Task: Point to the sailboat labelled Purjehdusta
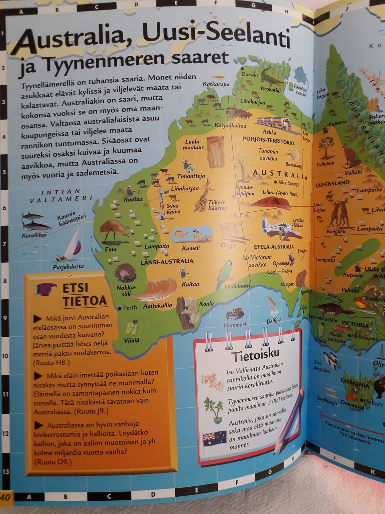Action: click(x=71, y=245)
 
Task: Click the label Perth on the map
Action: click(x=130, y=308)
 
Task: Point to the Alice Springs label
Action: click(x=286, y=183)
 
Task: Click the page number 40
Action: click(x=7, y=496)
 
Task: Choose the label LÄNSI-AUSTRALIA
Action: click(x=167, y=261)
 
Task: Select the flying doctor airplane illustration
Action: click(x=277, y=227)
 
